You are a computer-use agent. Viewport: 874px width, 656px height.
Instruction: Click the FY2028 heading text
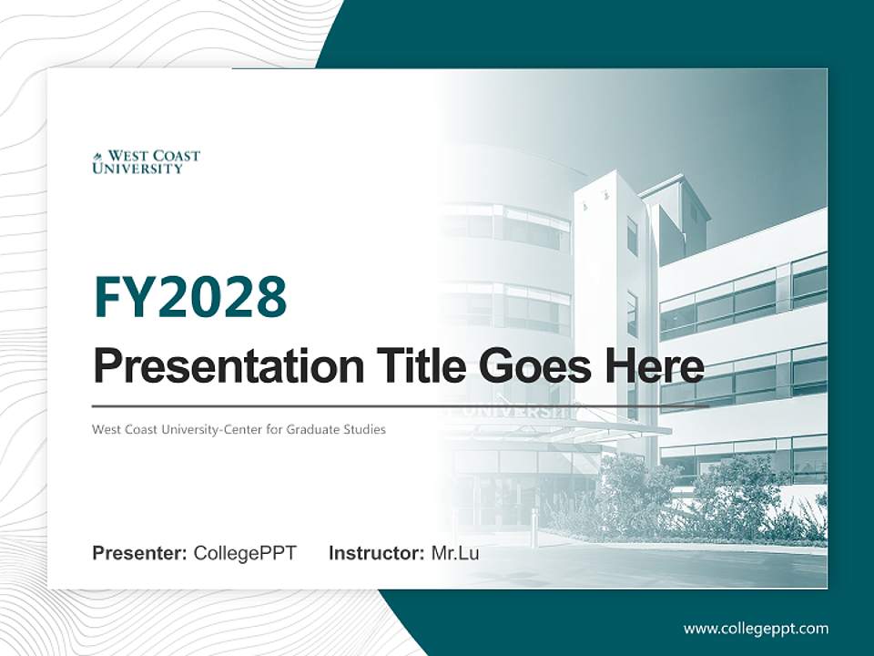point(189,297)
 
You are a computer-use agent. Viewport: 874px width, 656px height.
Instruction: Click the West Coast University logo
point(146,162)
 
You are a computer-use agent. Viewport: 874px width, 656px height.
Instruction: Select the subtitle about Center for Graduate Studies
point(239,429)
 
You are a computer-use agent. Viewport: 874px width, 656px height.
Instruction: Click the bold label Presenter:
point(140,553)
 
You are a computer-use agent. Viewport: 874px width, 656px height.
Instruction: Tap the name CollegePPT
point(245,553)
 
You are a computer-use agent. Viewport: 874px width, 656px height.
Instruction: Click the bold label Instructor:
point(376,553)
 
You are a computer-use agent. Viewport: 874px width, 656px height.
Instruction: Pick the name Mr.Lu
point(455,553)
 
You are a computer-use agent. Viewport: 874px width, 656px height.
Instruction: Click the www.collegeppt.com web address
point(756,628)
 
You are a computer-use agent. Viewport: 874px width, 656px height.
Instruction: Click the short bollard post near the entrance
point(534,528)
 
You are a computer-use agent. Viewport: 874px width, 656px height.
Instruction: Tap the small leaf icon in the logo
point(97,157)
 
